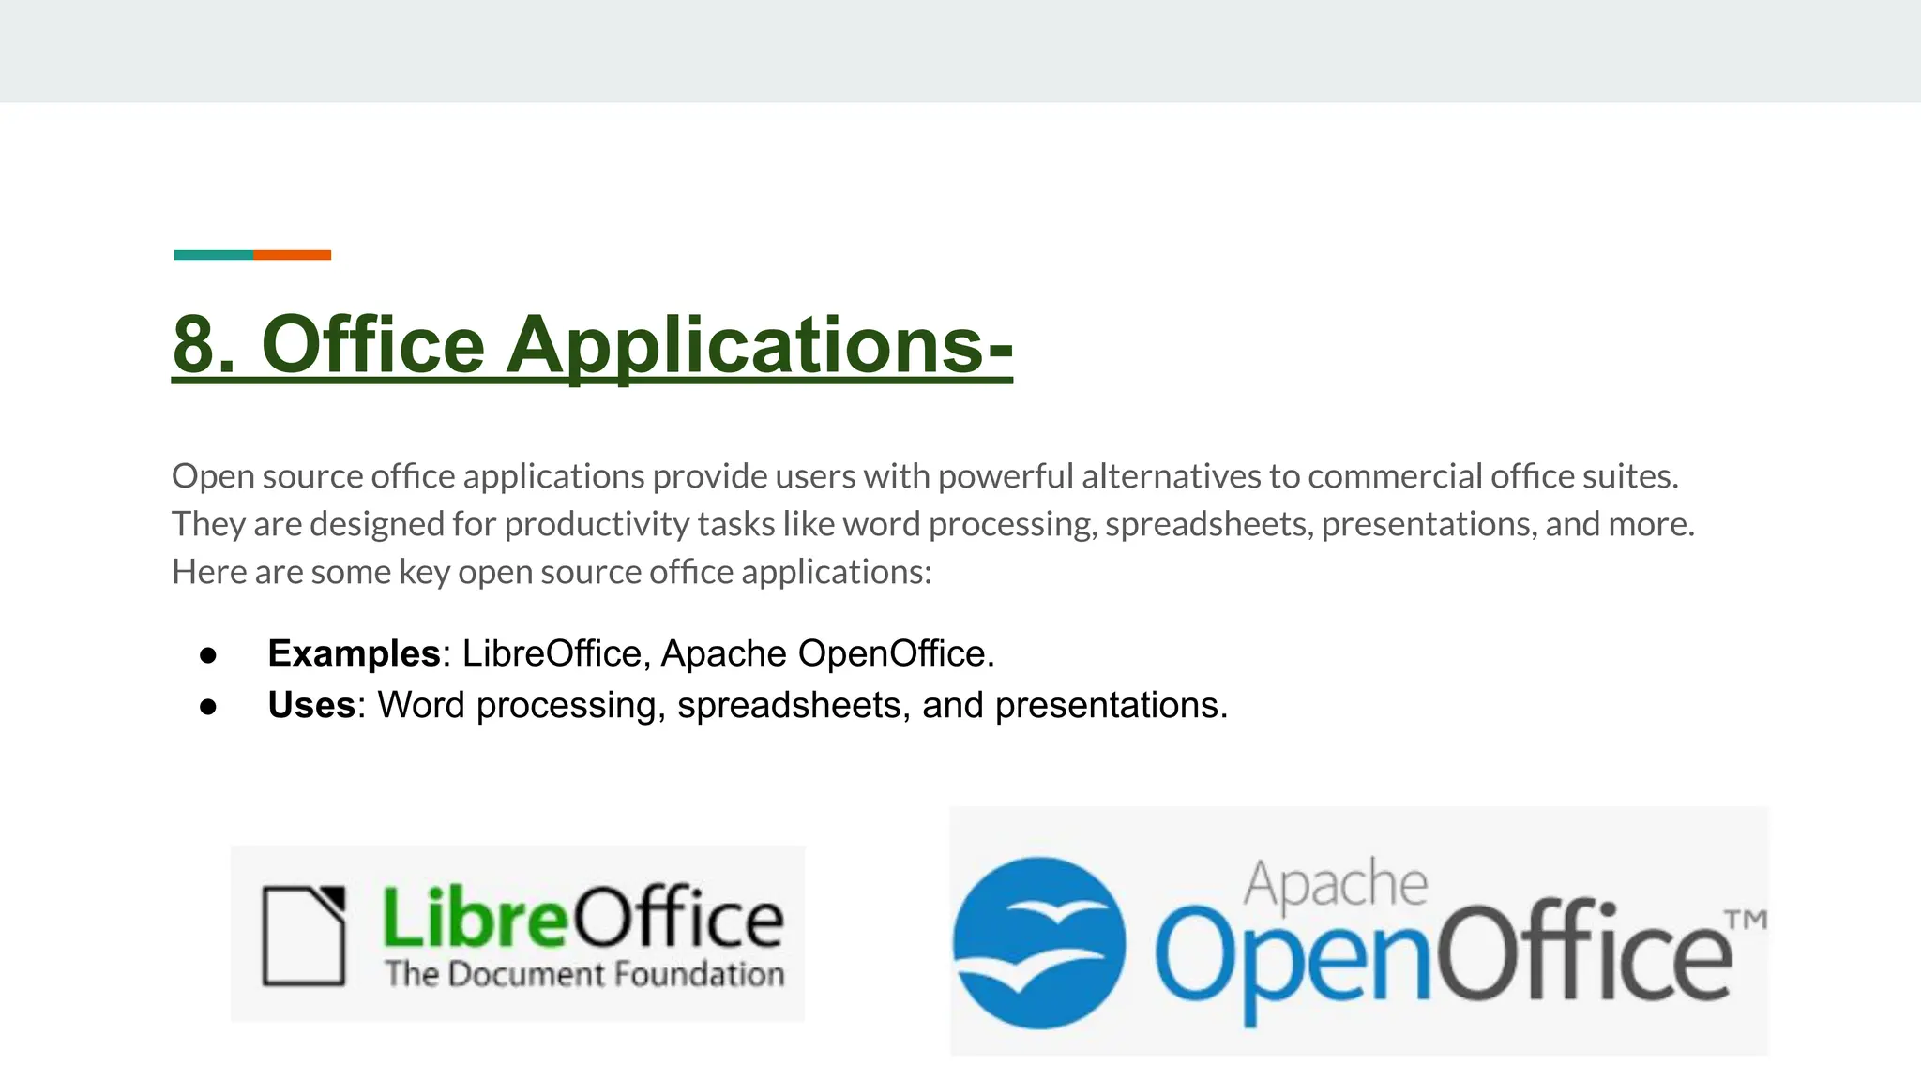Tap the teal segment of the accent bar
click(x=214, y=255)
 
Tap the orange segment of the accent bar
click(x=292, y=255)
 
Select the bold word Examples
click(x=354, y=653)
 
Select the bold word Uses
click(x=311, y=705)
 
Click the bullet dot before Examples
click(x=208, y=655)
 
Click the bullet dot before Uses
click(x=208, y=707)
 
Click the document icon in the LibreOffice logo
click(x=303, y=935)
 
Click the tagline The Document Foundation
click(x=584, y=974)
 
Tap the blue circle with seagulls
click(x=1039, y=942)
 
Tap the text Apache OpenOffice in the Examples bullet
click(x=826, y=653)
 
